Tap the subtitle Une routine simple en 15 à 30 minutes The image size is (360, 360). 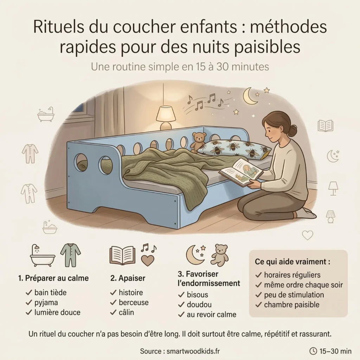[180, 66]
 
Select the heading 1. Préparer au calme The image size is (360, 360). [53, 278]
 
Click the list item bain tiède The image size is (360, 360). [50, 292]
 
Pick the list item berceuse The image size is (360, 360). [133, 302]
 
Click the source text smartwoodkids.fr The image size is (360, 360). [194, 351]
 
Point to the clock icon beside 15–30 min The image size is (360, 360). [313, 351]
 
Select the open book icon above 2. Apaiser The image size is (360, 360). [122, 255]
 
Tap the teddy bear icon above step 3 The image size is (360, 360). [219, 255]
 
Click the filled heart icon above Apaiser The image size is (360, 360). [147, 261]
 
